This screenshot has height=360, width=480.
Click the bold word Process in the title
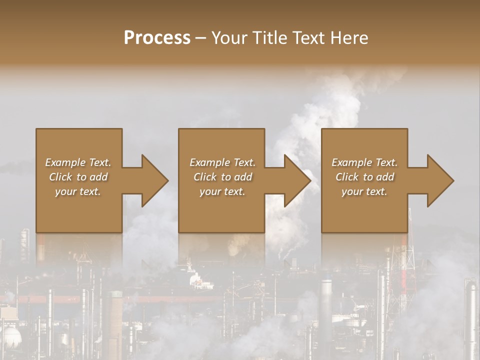tap(157, 38)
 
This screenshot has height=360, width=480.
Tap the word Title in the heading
tap(270, 38)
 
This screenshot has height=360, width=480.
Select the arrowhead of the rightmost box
tap(439, 180)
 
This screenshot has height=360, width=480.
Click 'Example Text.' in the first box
tap(78, 162)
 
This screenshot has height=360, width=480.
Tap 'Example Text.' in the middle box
tap(222, 162)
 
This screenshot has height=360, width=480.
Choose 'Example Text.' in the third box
tap(364, 162)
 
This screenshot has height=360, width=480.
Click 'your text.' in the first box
tap(78, 191)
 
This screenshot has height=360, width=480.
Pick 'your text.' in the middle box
tap(222, 191)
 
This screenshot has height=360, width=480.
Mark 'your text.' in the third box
tap(364, 191)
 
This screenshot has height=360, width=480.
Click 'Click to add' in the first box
tap(78, 177)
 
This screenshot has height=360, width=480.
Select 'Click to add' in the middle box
tap(222, 177)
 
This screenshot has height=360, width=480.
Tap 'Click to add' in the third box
tap(364, 177)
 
